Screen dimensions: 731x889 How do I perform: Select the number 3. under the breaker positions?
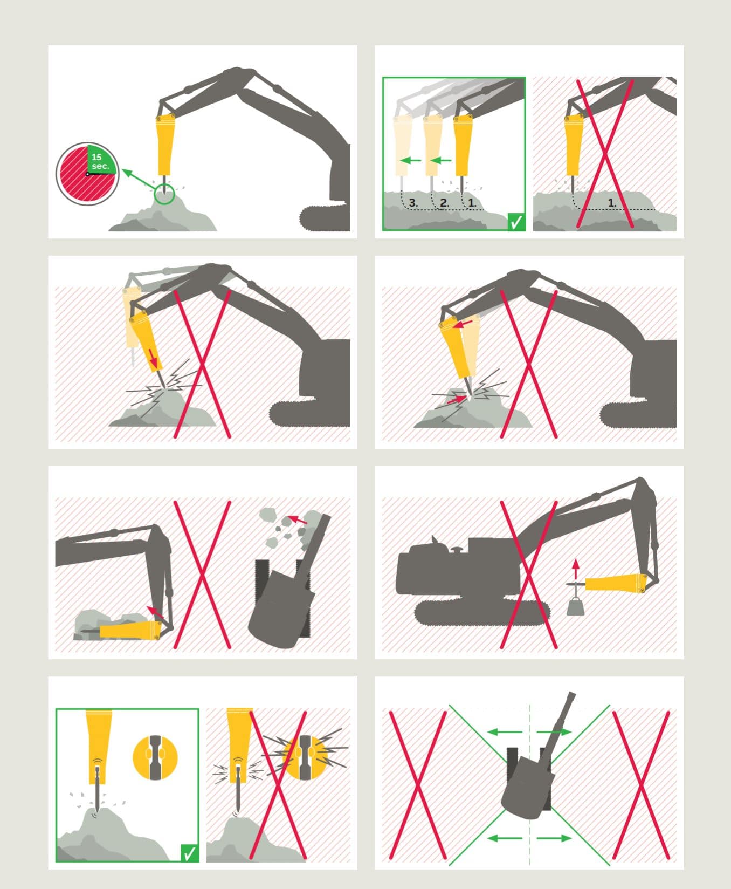[413, 203]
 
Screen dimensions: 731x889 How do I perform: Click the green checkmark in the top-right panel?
[516, 222]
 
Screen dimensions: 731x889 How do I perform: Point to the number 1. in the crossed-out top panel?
[612, 203]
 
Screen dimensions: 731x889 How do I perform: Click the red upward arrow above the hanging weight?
[576, 569]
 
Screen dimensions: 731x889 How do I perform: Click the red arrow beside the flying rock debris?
[298, 520]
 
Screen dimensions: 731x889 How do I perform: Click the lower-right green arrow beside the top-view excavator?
[554, 838]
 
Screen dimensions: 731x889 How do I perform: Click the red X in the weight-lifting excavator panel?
[529, 575]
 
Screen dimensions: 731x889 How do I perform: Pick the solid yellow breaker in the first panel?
[164, 145]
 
